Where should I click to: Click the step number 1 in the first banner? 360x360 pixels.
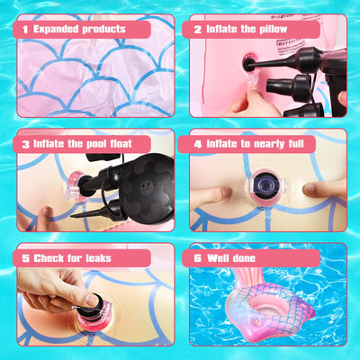point(25,30)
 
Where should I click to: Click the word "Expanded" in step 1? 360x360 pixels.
point(55,30)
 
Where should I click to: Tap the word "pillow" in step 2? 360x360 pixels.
point(274,29)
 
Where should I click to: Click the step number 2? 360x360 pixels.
point(198,30)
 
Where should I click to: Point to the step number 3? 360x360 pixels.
point(25,144)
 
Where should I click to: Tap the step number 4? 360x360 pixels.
point(198,144)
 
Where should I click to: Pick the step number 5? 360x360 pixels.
point(25,258)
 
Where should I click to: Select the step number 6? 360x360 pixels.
point(198,258)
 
